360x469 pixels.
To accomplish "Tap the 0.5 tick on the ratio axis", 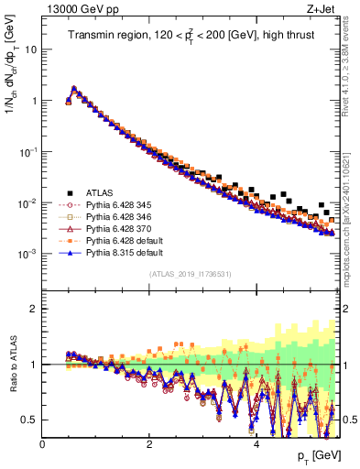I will pos(30,420).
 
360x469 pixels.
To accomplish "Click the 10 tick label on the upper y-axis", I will pos(30,49).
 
